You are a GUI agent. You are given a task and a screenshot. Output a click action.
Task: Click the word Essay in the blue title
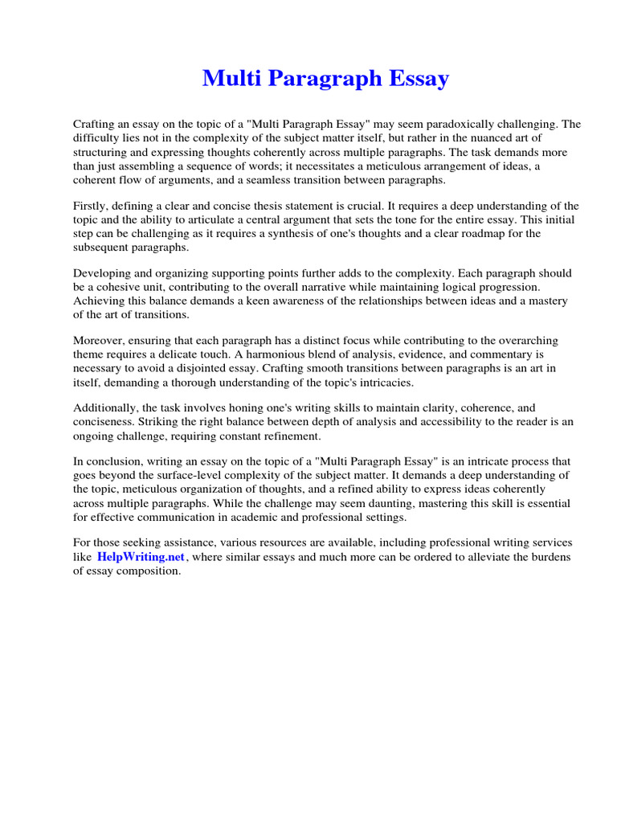pos(415,79)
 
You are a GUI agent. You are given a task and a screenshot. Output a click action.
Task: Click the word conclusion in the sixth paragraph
pos(112,462)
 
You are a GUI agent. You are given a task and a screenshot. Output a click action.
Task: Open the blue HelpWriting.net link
pos(141,557)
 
